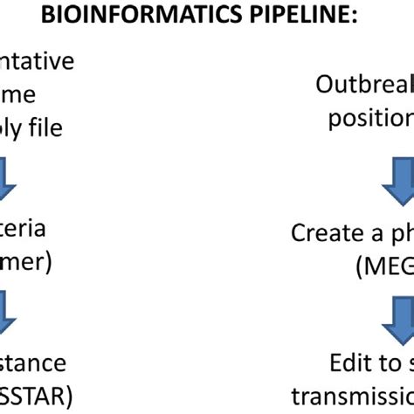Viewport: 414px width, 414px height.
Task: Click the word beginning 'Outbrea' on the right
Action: coord(367,86)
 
